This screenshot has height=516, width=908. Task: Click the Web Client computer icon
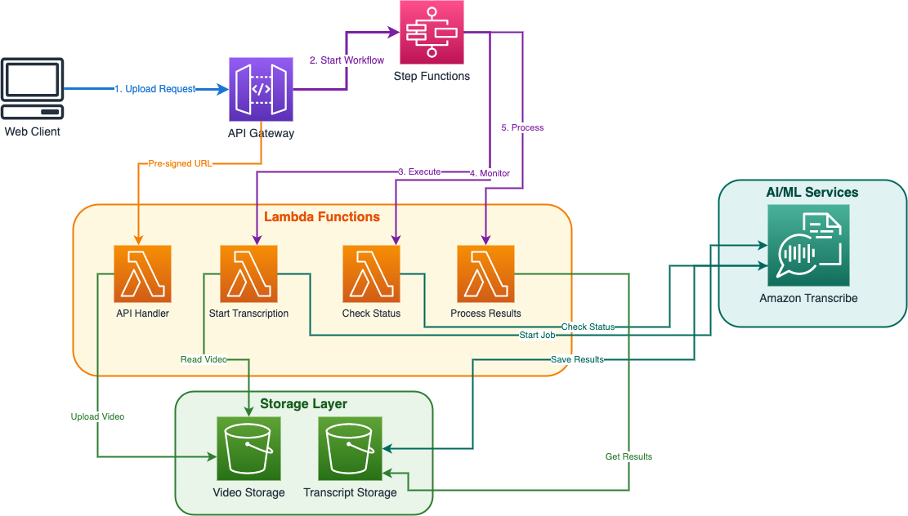(x=32, y=88)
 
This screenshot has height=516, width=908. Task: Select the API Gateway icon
(x=261, y=89)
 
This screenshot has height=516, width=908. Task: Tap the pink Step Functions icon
(x=432, y=33)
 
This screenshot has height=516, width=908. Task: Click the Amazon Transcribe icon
(x=808, y=245)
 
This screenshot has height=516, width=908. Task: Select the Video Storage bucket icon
(x=248, y=448)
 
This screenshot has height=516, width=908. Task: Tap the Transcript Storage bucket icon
(x=350, y=448)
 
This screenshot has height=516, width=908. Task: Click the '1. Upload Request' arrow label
(x=155, y=88)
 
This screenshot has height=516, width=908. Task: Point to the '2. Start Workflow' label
(x=347, y=60)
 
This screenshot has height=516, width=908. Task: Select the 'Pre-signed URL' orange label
(x=180, y=163)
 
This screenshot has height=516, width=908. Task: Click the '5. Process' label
(x=522, y=127)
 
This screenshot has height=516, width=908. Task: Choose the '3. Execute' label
(x=419, y=171)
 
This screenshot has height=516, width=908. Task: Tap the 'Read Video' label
(x=204, y=359)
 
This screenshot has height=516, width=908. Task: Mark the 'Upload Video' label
(x=97, y=416)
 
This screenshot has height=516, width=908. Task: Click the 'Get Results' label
(x=628, y=456)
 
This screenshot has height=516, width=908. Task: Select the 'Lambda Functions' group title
(x=322, y=217)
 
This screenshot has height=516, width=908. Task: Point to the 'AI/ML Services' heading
(x=812, y=193)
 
